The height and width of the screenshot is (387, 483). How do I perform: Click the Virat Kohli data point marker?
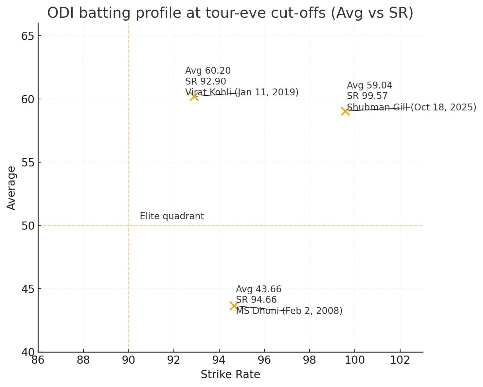(194, 96)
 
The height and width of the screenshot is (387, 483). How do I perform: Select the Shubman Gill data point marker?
(345, 111)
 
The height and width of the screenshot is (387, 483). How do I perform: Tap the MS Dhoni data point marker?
(234, 306)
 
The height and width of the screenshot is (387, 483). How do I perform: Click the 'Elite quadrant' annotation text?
(172, 216)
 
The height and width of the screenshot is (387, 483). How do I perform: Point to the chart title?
(230, 13)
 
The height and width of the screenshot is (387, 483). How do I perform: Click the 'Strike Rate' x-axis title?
(230, 374)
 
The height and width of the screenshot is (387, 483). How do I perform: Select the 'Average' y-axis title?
(11, 188)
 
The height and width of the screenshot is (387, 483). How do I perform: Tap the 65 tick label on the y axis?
(28, 36)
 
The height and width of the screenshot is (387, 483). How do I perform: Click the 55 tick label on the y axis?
(28, 163)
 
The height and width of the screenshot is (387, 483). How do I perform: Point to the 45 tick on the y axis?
(28, 289)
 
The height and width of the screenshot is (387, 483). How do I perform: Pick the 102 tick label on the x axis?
(400, 360)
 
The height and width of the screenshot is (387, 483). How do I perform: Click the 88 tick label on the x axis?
(83, 360)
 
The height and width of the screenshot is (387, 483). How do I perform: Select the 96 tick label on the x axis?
(264, 360)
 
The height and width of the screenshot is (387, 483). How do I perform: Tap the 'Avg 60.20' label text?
(208, 71)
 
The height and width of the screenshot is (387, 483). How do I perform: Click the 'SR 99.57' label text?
(367, 96)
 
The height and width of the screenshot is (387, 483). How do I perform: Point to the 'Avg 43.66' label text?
(259, 289)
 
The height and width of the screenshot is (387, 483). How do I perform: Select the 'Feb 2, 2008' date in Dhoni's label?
(314, 311)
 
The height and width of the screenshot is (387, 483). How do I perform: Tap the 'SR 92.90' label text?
(206, 81)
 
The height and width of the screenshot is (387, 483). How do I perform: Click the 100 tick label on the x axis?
(355, 360)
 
